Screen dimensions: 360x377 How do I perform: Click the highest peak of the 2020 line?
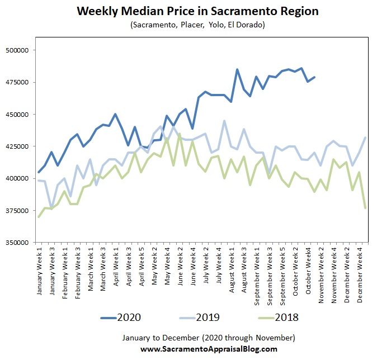point(302,68)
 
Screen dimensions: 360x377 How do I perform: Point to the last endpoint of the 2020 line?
point(315,77)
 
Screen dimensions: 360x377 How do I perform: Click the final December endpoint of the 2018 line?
point(365,208)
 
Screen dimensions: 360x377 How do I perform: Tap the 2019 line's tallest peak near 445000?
point(224,121)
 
